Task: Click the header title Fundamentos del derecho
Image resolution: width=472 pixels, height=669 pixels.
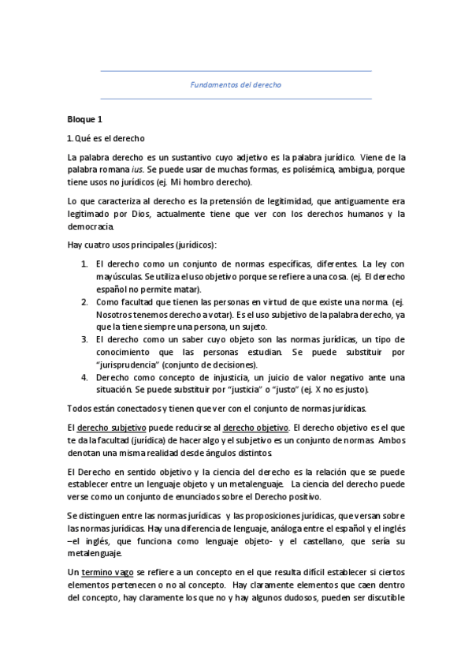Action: click(x=236, y=84)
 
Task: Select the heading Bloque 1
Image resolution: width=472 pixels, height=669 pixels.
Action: click(x=85, y=120)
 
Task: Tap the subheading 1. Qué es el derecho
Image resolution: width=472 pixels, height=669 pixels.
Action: click(x=101, y=138)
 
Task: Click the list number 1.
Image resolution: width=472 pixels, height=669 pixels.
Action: click(x=84, y=262)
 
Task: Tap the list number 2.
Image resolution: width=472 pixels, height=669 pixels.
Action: click(x=84, y=301)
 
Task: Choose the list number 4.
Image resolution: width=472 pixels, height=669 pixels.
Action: click(x=84, y=377)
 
